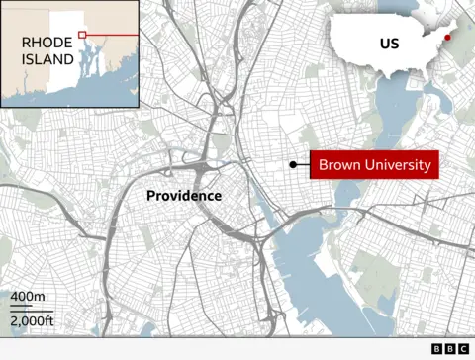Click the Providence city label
point(184,196)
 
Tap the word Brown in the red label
point(339,165)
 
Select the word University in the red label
point(397,165)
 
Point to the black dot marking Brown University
point(293,165)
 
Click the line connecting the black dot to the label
point(304,165)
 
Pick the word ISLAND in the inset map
point(48,59)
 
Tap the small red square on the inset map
point(83,36)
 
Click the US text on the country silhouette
point(389,44)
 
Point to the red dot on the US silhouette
point(447,38)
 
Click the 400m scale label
point(28,297)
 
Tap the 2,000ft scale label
point(32,320)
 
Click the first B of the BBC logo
point(437,349)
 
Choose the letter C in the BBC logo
point(463,349)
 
